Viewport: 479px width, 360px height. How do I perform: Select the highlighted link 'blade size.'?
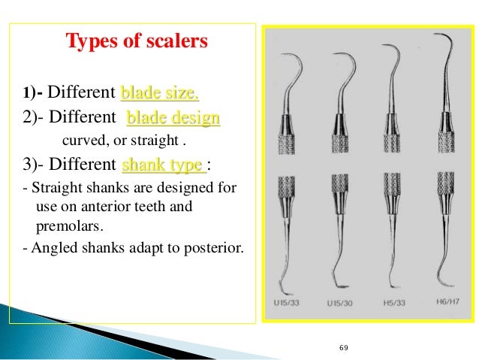159,93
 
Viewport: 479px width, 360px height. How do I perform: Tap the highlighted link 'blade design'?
173,119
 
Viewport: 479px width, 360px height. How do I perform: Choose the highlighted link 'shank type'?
161,165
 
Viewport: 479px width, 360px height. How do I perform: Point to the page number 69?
345,348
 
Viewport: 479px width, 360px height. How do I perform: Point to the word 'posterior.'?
213,245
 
